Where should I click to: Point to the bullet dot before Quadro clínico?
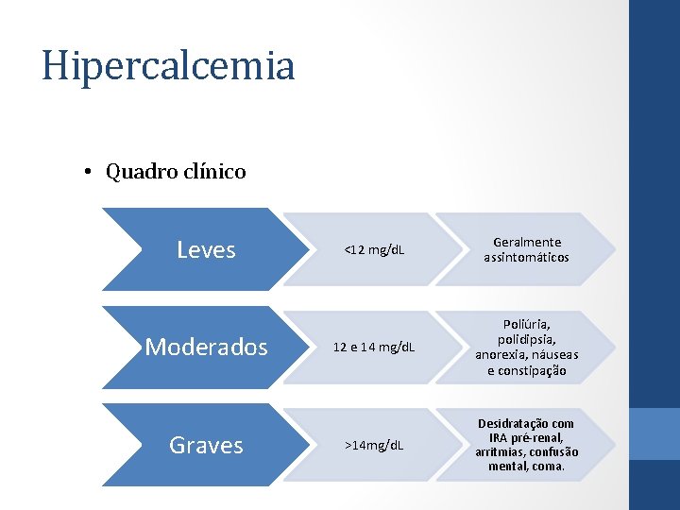86,173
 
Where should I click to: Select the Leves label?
206,249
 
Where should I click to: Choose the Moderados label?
206,348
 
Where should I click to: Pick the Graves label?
206,445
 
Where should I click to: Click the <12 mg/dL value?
374,250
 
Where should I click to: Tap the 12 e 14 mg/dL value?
374,348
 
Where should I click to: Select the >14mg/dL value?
374,445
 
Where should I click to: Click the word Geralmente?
527,243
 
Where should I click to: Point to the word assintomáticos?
527,257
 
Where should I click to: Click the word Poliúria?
527,325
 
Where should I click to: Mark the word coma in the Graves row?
547,466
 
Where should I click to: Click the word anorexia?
501,355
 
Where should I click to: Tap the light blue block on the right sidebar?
654,433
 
